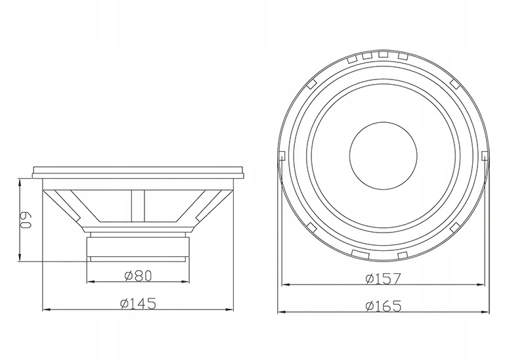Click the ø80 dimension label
click(138, 276)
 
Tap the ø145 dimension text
click(138, 304)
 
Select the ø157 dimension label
click(383, 279)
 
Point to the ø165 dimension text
click(383, 306)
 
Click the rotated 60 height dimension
click(26, 221)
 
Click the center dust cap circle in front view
click(384, 156)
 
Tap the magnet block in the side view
click(137, 247)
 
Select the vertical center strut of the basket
click(138, 206)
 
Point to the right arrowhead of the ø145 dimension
click(230, 309)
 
